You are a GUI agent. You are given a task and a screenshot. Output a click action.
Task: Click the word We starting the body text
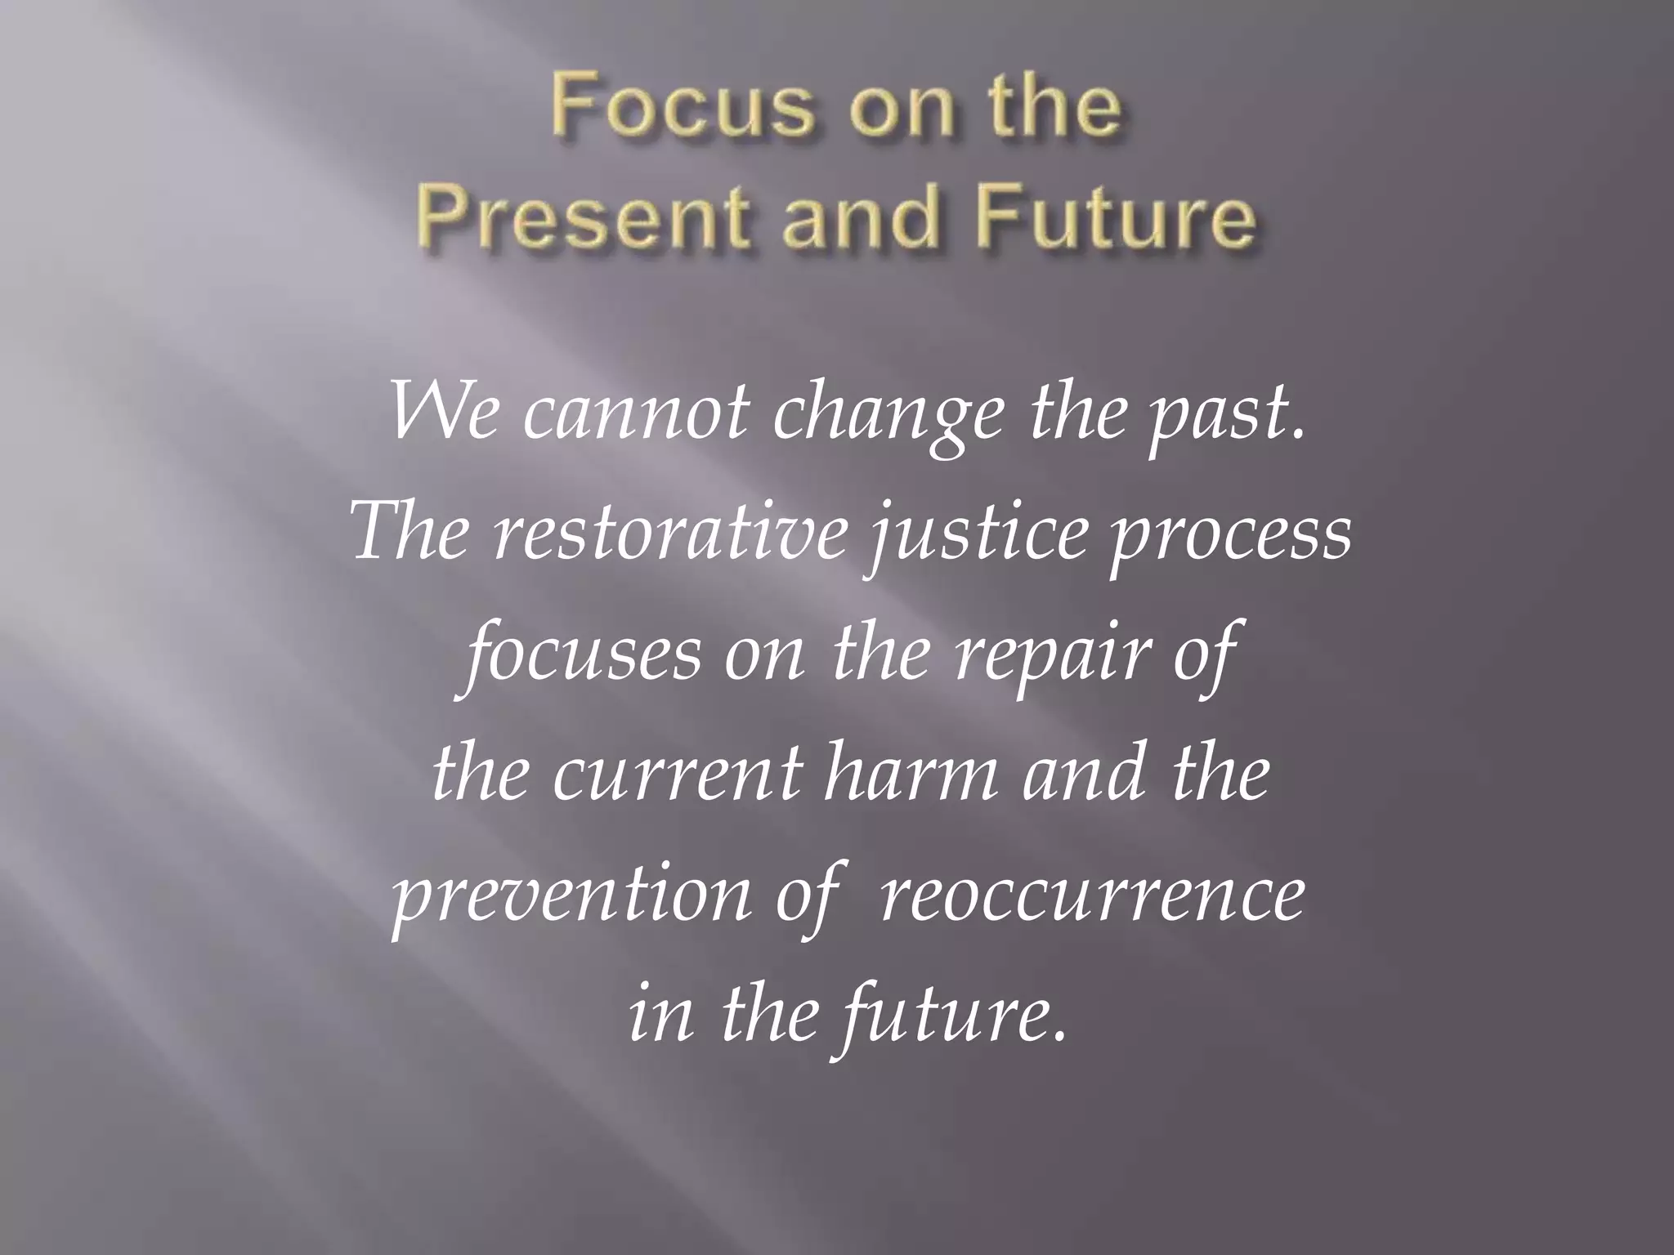(443, 409)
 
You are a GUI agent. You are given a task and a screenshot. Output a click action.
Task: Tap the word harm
(911, 773)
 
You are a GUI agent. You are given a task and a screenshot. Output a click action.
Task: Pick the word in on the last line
(660, 1016)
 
